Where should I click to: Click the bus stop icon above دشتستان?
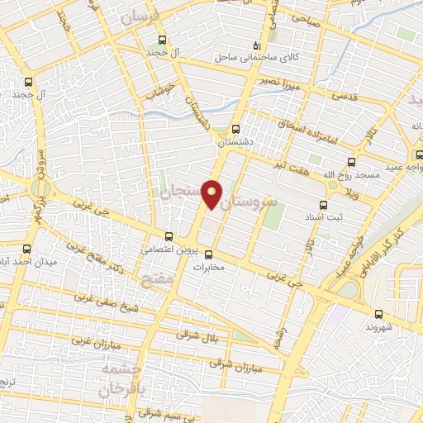(x=235, y=129)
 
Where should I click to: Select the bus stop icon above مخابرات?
(x=208, y=254)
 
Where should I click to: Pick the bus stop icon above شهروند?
(x=378, y=313)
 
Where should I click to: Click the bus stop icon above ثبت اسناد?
(x=322, y=205)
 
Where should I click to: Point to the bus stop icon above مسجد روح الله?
(x=351, y=162)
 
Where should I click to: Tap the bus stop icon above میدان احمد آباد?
(x=26, y=249)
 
